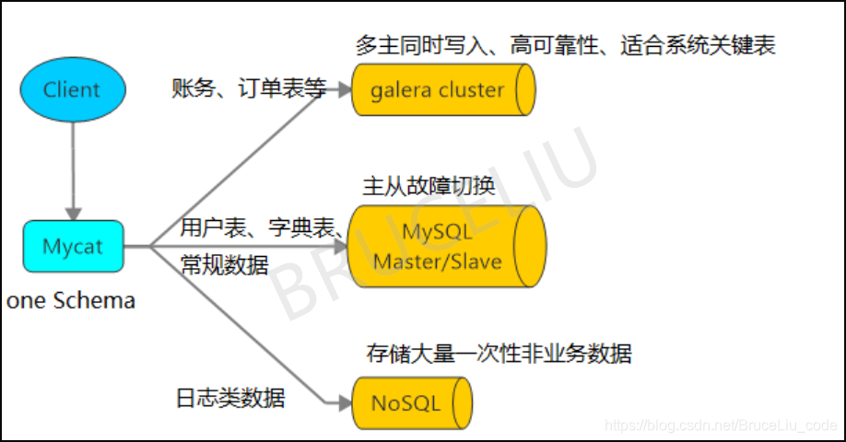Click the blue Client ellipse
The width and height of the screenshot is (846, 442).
[x=72, y=89]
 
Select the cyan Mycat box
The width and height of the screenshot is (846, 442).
[x=72, y=246]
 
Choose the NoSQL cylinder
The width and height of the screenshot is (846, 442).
[x=411, y=403]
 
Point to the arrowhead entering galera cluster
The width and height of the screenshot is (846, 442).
[x=343, y=90]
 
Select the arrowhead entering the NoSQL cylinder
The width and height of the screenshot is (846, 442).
[x=343, y=402]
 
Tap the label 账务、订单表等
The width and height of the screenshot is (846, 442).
[x=249, y=88]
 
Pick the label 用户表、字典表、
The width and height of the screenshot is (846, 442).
[x=263, y=227]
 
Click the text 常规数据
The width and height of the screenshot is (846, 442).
[x=225, y=265]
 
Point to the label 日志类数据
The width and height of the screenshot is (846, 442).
[x=230, y=398]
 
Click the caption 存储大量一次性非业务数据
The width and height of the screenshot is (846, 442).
[x=499, y=353]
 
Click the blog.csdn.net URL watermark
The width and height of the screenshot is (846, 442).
[x=718, y=425]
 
